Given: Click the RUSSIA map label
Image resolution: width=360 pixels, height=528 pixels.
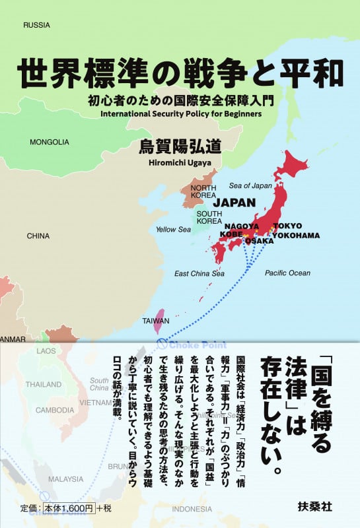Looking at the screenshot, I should [x=37, y=25].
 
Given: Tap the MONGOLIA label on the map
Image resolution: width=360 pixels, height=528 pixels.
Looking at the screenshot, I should [x=50, y=141].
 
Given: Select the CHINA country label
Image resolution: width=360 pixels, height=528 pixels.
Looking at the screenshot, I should [x=38, y=236].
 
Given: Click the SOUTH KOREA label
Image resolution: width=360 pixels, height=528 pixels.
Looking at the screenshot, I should [x=209, y=218].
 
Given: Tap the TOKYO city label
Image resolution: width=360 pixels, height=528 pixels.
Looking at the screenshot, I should [x=287, y=226].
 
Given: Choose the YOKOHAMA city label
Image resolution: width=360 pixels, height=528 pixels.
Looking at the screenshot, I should [x=295, y=235].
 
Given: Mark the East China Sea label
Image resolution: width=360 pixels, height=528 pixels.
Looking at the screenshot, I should [x=199, y=273].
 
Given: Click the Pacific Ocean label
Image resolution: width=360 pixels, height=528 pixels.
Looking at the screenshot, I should [x=287, y=273].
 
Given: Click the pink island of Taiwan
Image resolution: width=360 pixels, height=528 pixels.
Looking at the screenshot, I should [x=159, y=321].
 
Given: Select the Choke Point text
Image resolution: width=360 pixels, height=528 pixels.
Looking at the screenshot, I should [x=198, y=345].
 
